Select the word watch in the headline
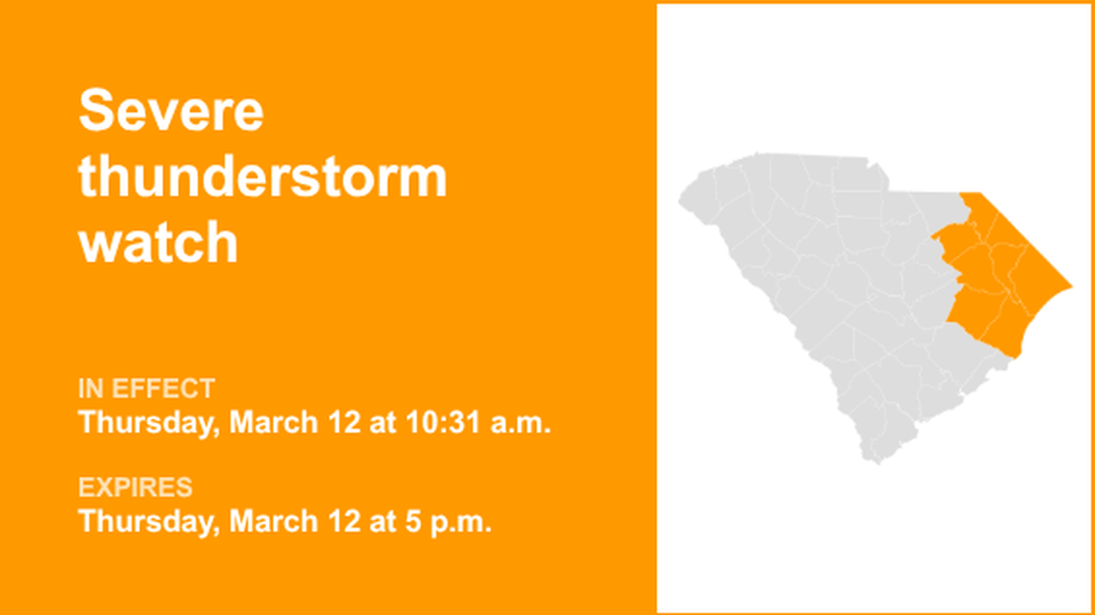158,243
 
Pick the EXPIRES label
135,487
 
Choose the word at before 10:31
379,423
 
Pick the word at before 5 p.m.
379,522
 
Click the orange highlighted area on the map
999,278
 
